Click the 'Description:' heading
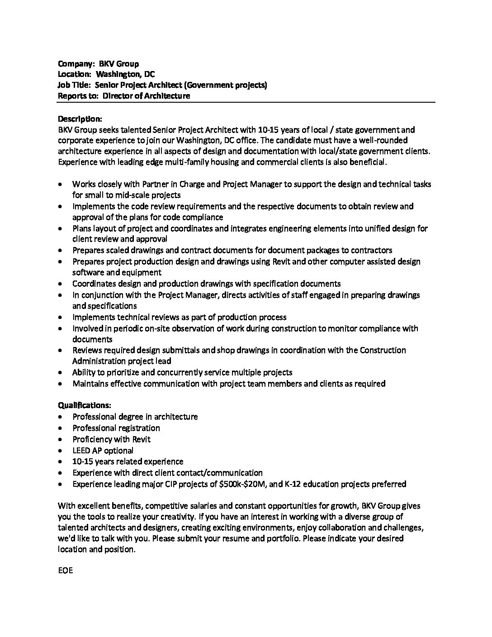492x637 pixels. pyautogui.click(x=80, y=119)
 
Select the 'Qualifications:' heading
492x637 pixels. pyautogui.click(x=85, y=405)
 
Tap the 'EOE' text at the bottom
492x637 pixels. pyautogui.click(x=66, y=570)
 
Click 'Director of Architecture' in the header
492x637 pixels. pyautogui.click(x=146, y=96)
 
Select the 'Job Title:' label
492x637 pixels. pyautogui.click(x=75, y=85)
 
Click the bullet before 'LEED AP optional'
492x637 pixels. pyautogui.click(x=61, y=451)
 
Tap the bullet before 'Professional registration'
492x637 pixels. pyautogui.click(x=61, y=428)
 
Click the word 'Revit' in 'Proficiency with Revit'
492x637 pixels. pyautogui.click(x=141, y=439)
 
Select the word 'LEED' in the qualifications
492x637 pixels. pyautogui.click(x=82, y=451)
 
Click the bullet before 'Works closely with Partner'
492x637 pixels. pyautogui.click(x=61, y=185)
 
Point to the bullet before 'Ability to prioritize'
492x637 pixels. pyautogui.click(x=61, y=373)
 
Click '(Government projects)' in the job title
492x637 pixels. pyautogui.click(x=226, y=85)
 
